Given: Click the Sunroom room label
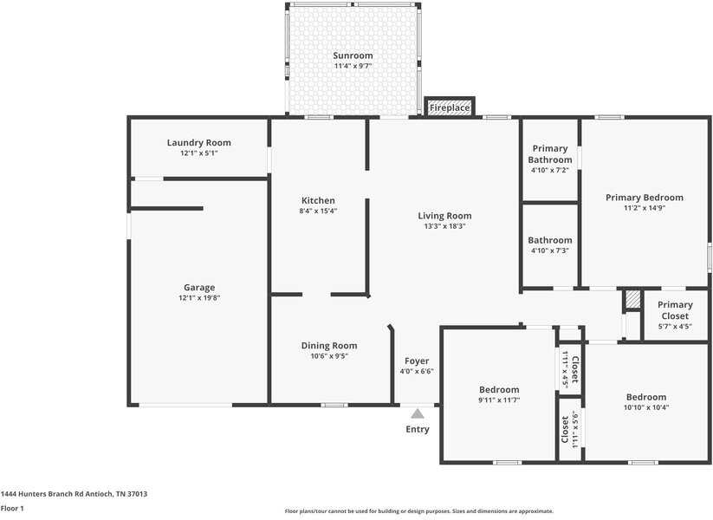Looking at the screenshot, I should click(x=353, y=55).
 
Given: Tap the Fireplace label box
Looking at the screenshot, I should click(x=450, y=107).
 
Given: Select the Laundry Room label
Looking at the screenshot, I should click(x=198, y=143).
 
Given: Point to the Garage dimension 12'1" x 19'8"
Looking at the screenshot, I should click(x=198, y=298).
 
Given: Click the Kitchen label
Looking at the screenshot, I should click(x=318, y=200).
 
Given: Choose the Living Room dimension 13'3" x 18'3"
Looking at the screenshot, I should click(x=444, y=226).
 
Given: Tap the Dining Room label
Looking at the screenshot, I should click(x=328, y=346).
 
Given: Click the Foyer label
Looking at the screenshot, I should click(x=417, y=361).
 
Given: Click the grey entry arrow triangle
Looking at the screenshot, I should click(x=418, y=413).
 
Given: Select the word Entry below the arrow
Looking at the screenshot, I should click(x=418, y=429).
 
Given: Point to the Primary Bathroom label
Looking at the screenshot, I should click(x=551, y=154).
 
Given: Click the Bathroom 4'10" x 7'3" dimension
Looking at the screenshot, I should click(x=550, y=250).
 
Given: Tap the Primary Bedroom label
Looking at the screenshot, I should click(x=644, y=198).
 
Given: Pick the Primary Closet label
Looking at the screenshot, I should click(x=675, y=310).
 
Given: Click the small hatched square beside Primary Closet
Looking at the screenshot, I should click(x=633, y=299).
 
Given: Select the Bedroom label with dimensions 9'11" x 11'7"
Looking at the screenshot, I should click(x=498, y=390).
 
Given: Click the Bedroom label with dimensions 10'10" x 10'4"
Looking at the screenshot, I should click(x=646, y=397).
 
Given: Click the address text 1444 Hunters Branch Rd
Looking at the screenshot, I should click(x=74, y=494).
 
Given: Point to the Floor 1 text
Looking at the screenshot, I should click(x=12, y=508).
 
